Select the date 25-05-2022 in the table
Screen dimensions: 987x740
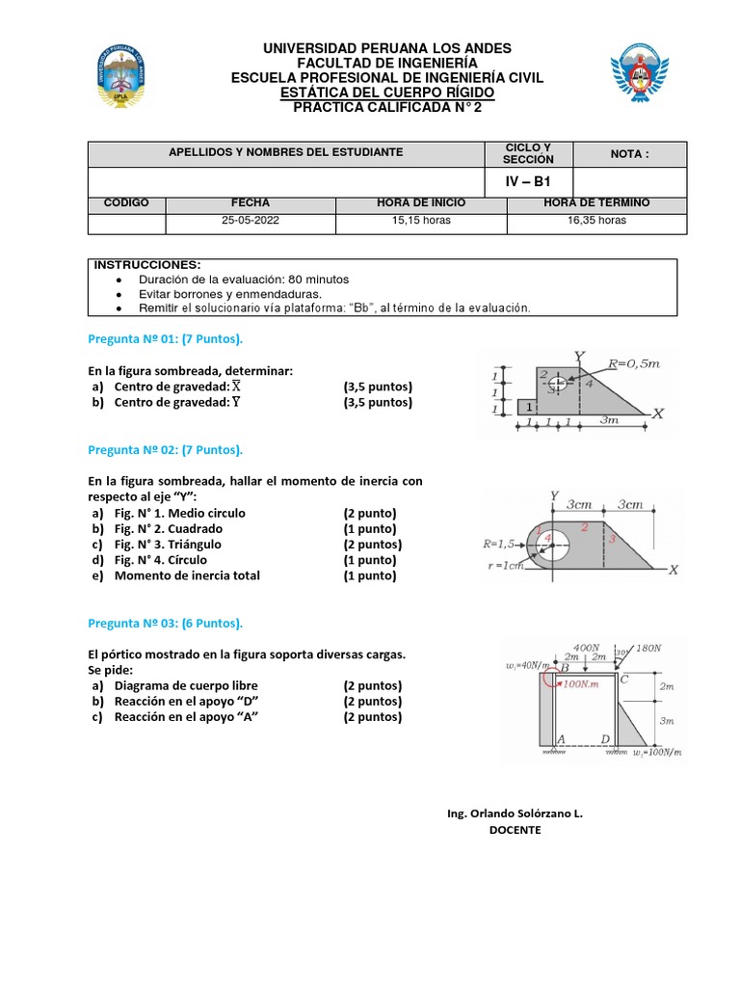tap(250, 221)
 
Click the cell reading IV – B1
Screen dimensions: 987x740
tap(529, 181)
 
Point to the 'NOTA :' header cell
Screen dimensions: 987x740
tap(630, 153)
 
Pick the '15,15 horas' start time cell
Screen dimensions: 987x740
tap(421, 221)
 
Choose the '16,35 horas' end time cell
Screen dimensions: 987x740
tap(596, 221)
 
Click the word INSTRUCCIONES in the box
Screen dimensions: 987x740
tap(147, 265)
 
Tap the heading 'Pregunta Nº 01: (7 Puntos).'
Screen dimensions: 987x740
tap(166, 340)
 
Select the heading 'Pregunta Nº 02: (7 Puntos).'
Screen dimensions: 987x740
tap(166, 450)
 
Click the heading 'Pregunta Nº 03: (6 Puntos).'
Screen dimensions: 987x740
tap(166, 623)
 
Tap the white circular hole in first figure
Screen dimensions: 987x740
tap(558, 384)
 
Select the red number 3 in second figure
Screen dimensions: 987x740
tap(611, 540)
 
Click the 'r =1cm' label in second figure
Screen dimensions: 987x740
tap(505, 566)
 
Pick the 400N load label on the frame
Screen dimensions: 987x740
tap(586, 647)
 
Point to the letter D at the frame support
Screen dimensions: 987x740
tap(604, 739)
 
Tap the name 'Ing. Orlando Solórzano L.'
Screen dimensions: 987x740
tap(515, 814)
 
